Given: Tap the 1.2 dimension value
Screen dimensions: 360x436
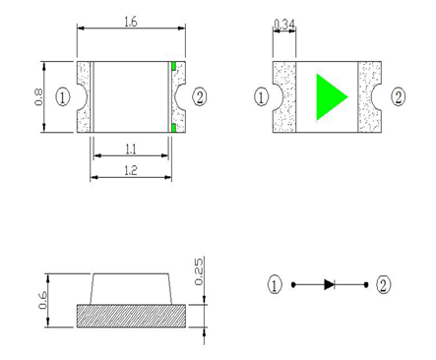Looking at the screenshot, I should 130,170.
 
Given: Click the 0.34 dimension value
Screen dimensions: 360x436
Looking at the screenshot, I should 283,23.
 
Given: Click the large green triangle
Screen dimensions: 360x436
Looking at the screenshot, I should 330,96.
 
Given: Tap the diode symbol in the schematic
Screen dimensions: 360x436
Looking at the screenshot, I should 329,285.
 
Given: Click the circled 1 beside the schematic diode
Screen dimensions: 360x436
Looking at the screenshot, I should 275,285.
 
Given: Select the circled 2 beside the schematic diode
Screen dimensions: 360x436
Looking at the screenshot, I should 384,285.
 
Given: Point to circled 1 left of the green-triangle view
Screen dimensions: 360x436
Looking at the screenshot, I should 262,96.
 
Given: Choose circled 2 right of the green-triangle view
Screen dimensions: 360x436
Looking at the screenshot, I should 399,96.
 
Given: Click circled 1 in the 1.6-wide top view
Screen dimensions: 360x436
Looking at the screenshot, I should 63,96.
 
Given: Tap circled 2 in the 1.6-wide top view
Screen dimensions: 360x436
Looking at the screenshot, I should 200,96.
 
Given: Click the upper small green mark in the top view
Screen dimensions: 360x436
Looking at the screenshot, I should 174,67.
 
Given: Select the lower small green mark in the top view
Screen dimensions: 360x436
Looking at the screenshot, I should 174,128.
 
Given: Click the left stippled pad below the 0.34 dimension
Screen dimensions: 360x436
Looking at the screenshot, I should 284,96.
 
